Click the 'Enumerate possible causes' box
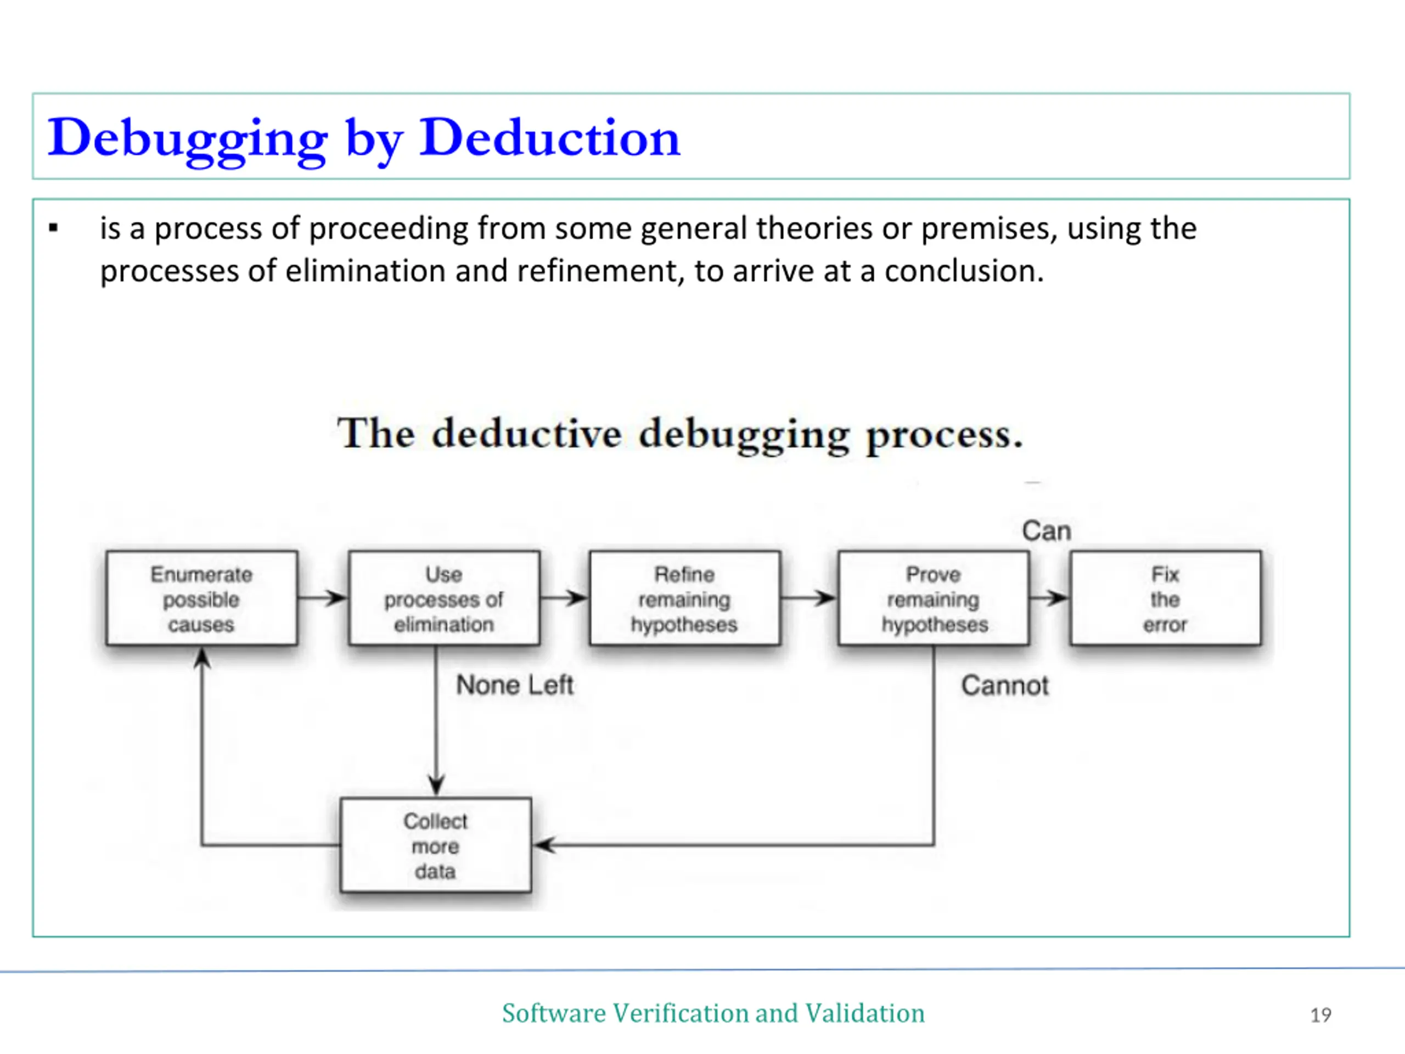pyautogui.click(x=201, y=598)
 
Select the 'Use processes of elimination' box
pyautogui.click(x=444, y=598)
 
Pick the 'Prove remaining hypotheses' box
pyautogui.click(x=934, y=598)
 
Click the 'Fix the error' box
pyautogui.click(x=1165, y=598)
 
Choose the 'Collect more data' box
pyautogui.click(x=436, y=845)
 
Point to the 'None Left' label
pyautogui.click(x=514, y=685)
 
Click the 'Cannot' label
pyautogui.click(x=1004, y=686)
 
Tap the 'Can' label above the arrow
pyautogui.click(x=1046, y=530)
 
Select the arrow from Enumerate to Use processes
pyautogui.click(x=323, y=598)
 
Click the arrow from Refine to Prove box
pyautogui.click(x=808, y=598)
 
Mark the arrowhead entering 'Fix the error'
pyautogui.click(x=1058, y=598)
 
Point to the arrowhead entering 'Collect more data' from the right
pyautogui.click(x=545, y=845)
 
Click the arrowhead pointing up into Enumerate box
pyautogui.click(x=202, y=658)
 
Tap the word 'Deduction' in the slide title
pyautogui.click(x=549, y=138)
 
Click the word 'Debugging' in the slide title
pyautogui.click(x=187, y=138)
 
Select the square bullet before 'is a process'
pyautogui.click(x=53, y=228)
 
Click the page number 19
pyautogui.click(x=1320, y=1014)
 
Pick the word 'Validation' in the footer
pyautogui.click(x=864, y=1013)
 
